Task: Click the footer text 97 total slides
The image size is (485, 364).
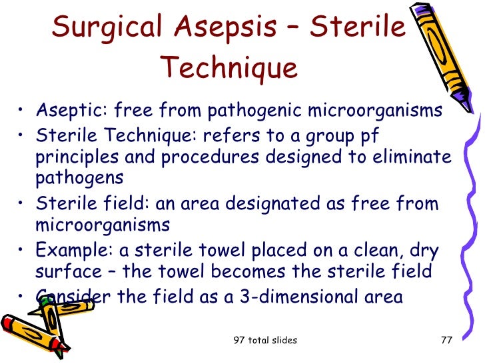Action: point(265,341)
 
